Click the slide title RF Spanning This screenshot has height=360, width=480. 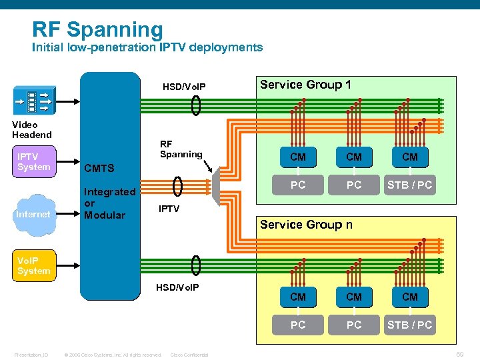click(x=97, y=29)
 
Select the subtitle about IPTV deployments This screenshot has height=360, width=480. click(x=147, y=47)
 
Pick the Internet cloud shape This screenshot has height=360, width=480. click(x=33, y=214)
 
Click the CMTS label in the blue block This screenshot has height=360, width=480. click(x=99, y=169)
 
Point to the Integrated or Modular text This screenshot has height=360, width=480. click(x=109, y=203)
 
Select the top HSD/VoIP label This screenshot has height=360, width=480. click(x=184, y=87)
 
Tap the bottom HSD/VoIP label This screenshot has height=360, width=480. click(x=177, y=287)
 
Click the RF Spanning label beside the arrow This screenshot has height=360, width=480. click(x=181, y=149)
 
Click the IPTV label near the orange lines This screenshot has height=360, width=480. click(x=169, y=209)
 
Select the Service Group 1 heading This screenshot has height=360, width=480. click(x=305, y=85)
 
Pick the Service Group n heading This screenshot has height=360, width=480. click(x=306, y=225)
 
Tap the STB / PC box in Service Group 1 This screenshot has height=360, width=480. click(x=410, y=185)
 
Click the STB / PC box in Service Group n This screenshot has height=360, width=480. click(x=410, y=325)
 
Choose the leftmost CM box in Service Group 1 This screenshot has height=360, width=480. click(x=298, y=157)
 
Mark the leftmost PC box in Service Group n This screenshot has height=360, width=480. click(x=298, y=325)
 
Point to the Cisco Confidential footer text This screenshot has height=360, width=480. click(x=189, y=355)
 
